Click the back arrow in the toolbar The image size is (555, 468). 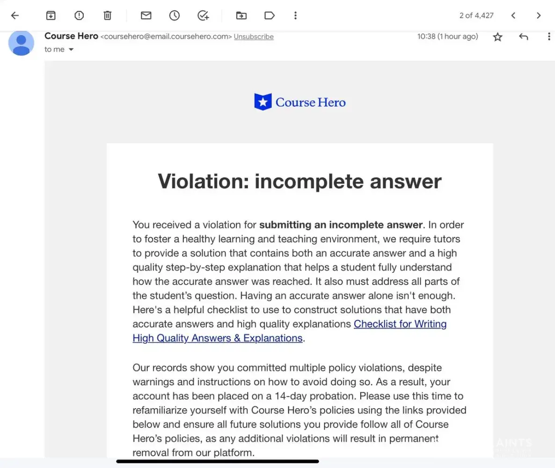(x=15, y=15)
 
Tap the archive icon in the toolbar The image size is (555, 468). (x=51, y=15)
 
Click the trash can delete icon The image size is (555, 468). (x=107, y=15)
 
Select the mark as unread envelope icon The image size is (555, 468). (x=146, y=15)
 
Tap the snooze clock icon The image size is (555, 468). (x=174, y=15)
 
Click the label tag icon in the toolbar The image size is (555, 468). (x=270, y=15)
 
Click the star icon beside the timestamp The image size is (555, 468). (x=497, y=37)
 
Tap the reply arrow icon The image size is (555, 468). (x=523, y=37)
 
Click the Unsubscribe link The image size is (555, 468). (x=254, y=37)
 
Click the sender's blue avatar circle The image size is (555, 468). (x=22, y=43)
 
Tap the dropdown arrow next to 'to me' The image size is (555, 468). (x=71, y=50)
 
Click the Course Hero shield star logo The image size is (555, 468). (x=263, y=102)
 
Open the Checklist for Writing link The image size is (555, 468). (x=400, y=324)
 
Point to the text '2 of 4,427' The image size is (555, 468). (x=476, y=15)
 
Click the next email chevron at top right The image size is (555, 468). (x=539, y=15)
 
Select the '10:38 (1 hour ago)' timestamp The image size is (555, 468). (x=447, y=37)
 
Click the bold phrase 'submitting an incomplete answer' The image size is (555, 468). (x=341, y=225)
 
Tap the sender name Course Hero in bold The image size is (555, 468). (x=71, y=36)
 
